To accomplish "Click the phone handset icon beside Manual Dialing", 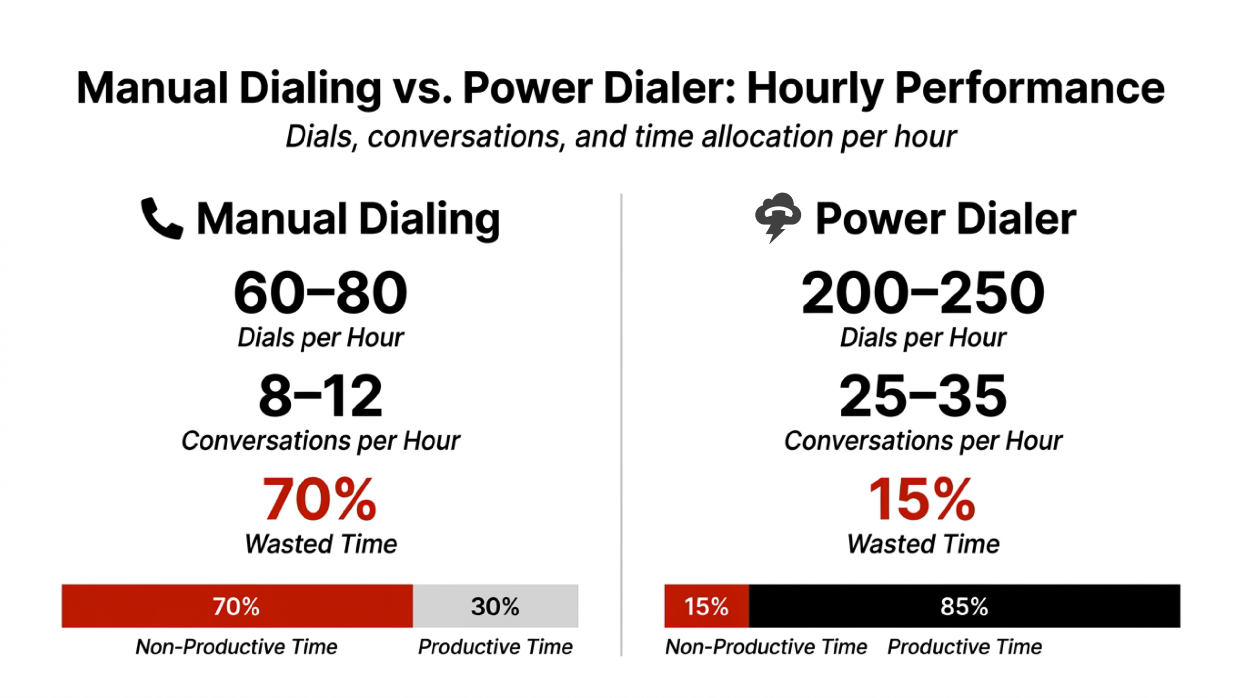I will (x=162, y=218).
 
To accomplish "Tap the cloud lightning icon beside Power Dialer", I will (x=778, y=217).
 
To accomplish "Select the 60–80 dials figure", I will (x=320, y=292).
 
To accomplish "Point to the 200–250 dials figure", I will (x=922, y=292).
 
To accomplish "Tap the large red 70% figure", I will (x=319, y=499).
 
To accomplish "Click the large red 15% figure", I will (x=921, y=499).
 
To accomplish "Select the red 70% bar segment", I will (x=237, y=606).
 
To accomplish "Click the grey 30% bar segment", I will (x=495, y=606).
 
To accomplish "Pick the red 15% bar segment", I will (x=706, y=606).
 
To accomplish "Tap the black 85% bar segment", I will (x=964, y=606).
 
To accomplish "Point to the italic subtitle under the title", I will (x=621, y=136).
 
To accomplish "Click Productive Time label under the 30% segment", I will (x=495, y=647).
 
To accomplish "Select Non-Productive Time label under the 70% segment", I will (x=236, y=647).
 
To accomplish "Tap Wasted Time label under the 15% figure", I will (x=923, y=543).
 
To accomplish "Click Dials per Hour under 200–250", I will (x=923, y=337).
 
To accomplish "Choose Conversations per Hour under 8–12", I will (x=320, y=441).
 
